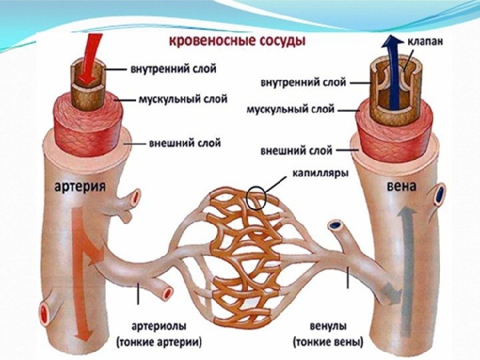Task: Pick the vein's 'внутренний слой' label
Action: [303, 83]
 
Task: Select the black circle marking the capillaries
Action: [258, 197]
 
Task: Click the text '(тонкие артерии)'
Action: [159, 343]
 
